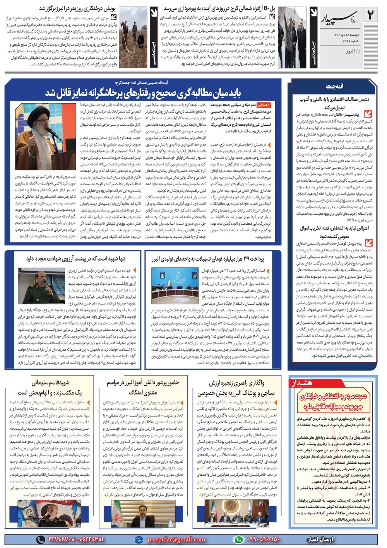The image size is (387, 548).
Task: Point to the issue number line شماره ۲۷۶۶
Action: tap(341, 41)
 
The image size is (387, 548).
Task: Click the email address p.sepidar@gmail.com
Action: tap(176, 539)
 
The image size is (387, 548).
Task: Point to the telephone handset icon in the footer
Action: tap(40, 539)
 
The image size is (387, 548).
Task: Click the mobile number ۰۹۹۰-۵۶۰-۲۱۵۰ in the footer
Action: tap(263, 539)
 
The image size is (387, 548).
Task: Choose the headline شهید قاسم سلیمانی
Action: tap(50, 383)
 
